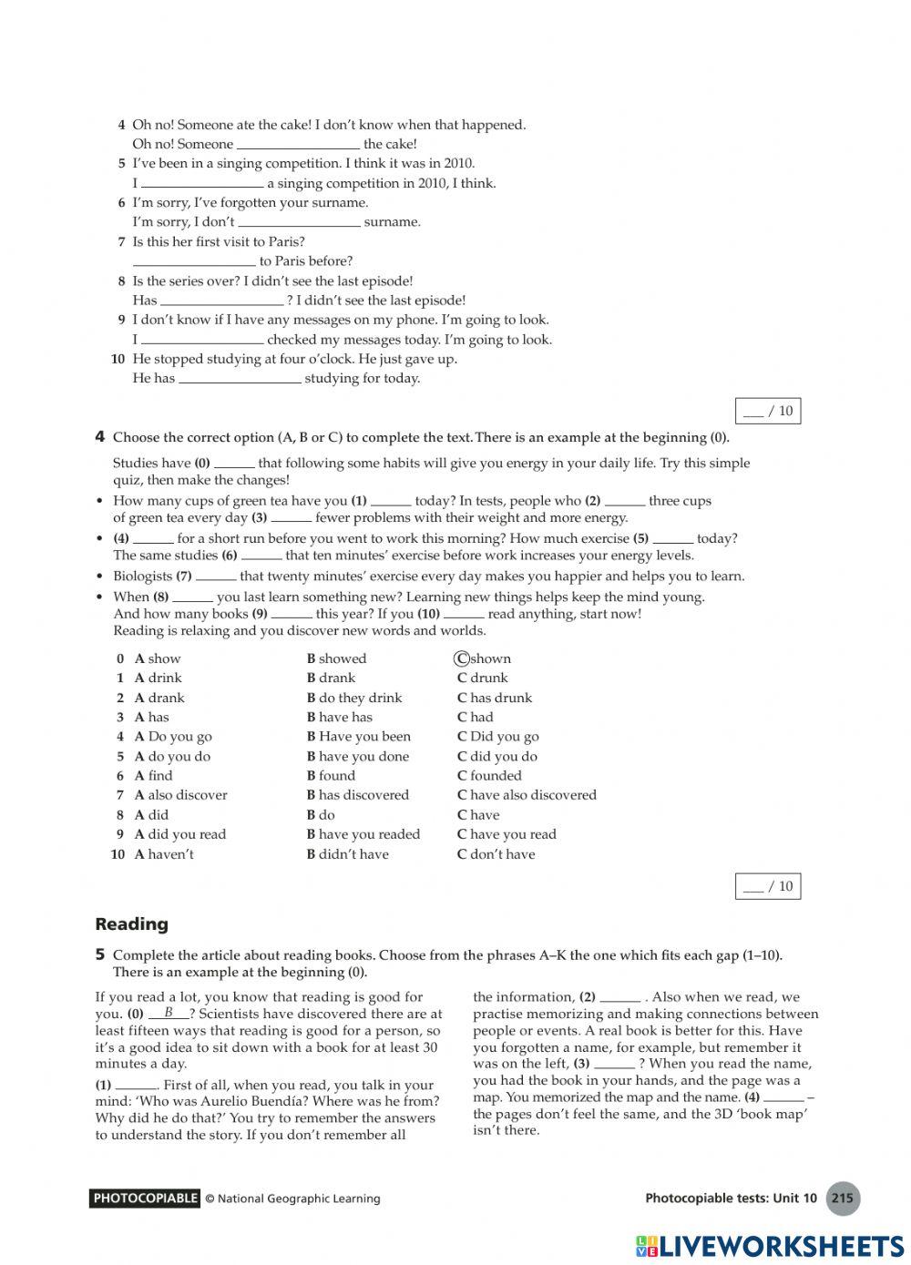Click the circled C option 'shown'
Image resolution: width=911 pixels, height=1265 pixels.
click(483, 658)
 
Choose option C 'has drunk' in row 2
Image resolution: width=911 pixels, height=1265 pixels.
click(494, 698)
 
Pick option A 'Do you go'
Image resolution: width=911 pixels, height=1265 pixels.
click(173, 737)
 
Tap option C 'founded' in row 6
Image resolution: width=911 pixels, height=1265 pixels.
click(489, 776)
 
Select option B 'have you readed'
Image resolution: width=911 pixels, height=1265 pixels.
click(363, 834)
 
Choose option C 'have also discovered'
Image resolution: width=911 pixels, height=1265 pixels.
click(527, 795)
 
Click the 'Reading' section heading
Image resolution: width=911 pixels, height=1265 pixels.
click(131, 924)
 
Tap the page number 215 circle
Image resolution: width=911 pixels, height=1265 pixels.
click(843, 1199)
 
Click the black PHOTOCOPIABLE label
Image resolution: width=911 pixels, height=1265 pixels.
click(145, 1199)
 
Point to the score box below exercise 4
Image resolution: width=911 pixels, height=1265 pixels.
click(768, 886)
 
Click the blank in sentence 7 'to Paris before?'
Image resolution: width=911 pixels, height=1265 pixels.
click(193, 261)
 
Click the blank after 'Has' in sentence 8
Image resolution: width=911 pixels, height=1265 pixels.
click(221, 301)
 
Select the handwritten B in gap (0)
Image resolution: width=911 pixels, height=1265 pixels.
click(169, 1012)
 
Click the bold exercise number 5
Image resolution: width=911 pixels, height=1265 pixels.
click(100, 954)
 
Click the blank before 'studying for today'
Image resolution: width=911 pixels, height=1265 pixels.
click(240, 379)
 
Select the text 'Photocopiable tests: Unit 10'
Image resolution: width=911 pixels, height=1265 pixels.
click(731, 1199)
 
